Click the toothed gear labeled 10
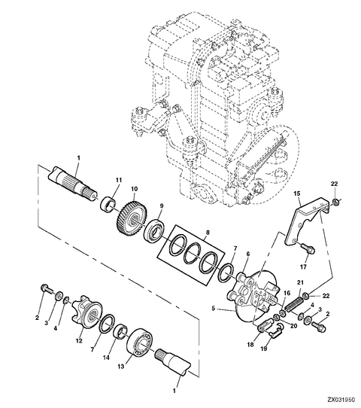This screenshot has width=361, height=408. pyautogui.click(x=132, y=217)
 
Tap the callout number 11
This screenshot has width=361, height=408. pyautogui.click(x=119, y=180)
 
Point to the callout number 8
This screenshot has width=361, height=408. pyautogui.click(x=207, y=233)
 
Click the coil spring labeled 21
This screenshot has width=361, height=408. pyautogui.click(x=295, y=303)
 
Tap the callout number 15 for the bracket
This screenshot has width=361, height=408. pyautogui.click(x=297, y=193)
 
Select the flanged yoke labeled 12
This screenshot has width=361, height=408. pyautogui.click(x=85, y=310)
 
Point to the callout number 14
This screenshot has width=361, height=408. pyautogui.click(x=106, y=358)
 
